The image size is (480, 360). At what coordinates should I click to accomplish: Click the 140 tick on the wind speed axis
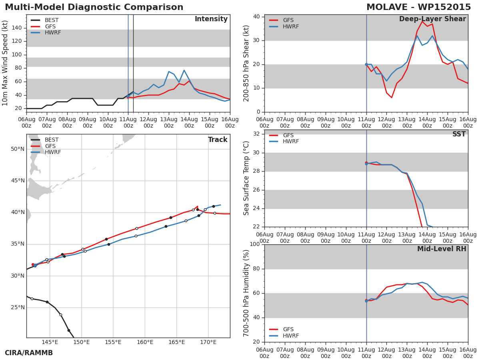coord(17,28)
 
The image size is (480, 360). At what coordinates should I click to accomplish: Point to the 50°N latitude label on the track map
coord(18,149)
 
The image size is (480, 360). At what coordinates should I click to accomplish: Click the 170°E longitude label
coord(208,342)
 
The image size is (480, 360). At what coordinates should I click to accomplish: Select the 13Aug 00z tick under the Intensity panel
coord(169,123)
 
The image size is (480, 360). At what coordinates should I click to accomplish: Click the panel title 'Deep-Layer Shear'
coord(432,19)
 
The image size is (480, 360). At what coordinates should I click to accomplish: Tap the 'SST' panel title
coord(459,134)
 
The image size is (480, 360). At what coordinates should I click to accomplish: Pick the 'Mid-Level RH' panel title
coord(442,249)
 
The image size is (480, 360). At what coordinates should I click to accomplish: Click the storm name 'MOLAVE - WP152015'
coord(418,7)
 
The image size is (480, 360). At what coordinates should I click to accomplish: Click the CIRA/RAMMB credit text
coord(29,353)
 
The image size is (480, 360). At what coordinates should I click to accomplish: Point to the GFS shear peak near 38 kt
coord(422,22)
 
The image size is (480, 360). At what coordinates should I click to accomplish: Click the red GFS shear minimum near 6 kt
coord(392,98)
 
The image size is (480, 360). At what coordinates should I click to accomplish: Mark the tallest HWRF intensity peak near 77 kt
coord(184,70)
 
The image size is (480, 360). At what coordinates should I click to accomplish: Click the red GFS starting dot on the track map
coord(33,264)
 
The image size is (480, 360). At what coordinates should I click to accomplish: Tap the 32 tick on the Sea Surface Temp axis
coord(256,134)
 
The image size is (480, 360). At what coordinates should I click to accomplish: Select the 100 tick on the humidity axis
coord(255,244)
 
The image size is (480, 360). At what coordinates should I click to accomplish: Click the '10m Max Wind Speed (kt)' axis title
coord(5,63)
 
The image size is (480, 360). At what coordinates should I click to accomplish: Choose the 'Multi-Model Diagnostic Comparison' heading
coord(94,7)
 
